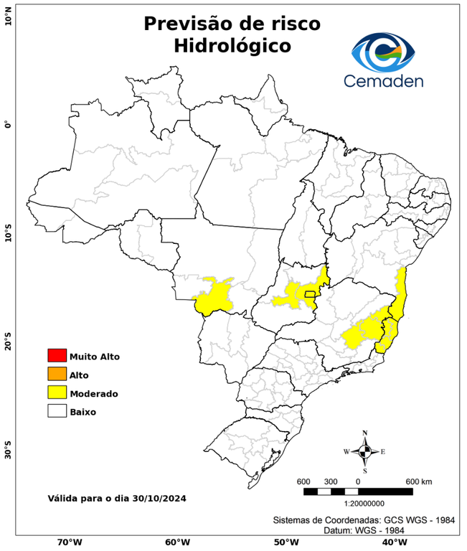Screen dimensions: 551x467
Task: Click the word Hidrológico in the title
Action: pos(232,45)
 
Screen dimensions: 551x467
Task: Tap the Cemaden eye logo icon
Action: pos(387,52)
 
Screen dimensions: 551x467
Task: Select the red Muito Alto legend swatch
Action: pos(57,356)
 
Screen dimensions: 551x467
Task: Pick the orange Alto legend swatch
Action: pos(57,375)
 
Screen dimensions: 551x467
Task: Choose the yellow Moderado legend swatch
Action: pos(57,393)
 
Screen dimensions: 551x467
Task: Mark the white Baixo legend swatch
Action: pos(57,412)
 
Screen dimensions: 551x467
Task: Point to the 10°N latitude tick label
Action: pos(8,15)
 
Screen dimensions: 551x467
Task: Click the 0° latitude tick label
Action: pos(8,125)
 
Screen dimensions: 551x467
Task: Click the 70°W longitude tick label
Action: pos(69,542)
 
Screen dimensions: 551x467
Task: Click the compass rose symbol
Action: pos(364,451)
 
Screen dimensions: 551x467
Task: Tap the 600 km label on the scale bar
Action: pos(420,481)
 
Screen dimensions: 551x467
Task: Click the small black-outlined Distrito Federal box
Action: pos(310,293)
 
